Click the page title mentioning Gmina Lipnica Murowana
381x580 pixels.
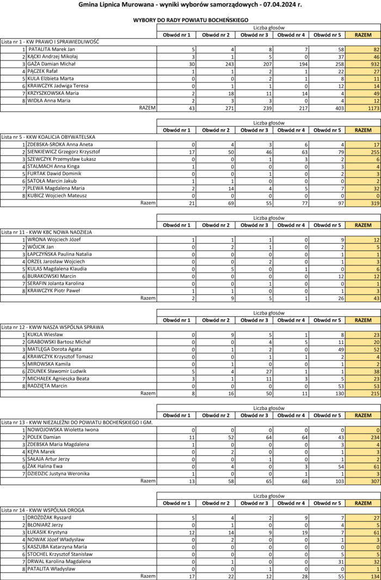pos(190,4)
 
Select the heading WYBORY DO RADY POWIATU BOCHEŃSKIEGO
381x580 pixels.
pos(190,20)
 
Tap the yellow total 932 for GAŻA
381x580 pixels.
pos(366,64)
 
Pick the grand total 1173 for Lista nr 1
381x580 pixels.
pos(366,108)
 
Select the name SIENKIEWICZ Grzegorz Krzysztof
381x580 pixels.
pos(60,152)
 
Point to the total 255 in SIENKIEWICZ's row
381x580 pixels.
pos(366,152)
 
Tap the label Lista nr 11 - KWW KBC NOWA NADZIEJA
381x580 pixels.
pos(47,232)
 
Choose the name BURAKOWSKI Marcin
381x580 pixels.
pos(52,276)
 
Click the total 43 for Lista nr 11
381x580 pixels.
pos(366,299)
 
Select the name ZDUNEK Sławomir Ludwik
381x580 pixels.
pos(57,371)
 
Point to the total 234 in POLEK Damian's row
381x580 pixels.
pos(366,437)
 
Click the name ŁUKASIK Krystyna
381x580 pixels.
pos(48,532)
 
